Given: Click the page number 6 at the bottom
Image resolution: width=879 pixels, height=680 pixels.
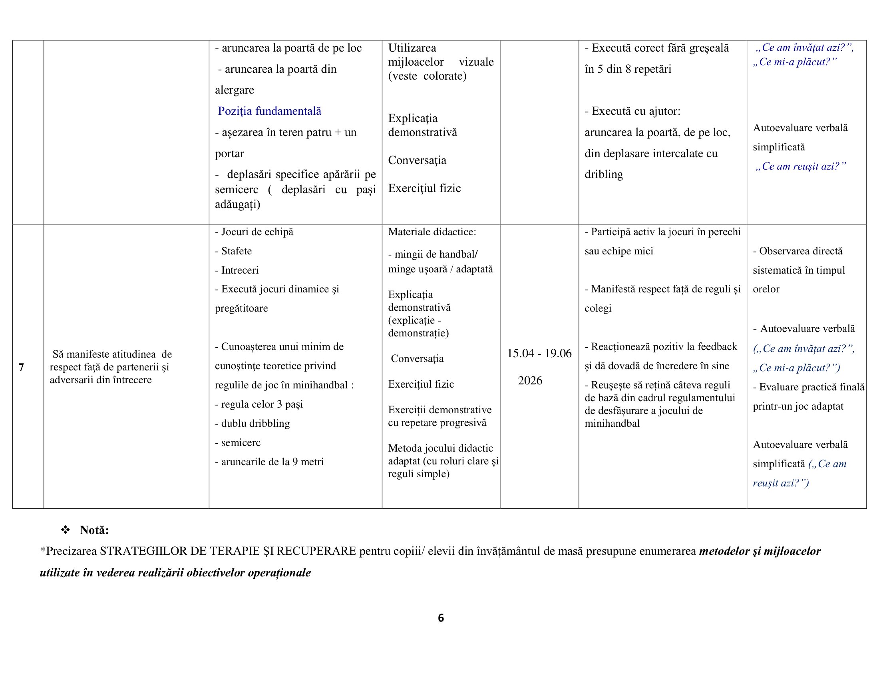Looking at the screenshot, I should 441,618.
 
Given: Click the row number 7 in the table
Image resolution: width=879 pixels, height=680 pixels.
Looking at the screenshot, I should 21,367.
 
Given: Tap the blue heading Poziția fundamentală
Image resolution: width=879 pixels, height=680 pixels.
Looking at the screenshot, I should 269,111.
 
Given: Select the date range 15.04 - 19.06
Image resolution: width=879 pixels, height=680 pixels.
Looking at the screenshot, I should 539,353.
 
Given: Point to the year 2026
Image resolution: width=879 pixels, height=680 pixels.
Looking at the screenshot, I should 530,380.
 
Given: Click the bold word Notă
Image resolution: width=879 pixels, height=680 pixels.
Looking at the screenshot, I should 94,530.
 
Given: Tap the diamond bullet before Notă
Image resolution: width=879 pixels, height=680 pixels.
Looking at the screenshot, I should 65,530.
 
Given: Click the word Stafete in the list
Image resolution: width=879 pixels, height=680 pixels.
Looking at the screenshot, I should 236,251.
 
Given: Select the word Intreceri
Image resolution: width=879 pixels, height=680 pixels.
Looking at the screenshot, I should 239,270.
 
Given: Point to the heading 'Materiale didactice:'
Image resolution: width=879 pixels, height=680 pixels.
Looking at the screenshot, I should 432,232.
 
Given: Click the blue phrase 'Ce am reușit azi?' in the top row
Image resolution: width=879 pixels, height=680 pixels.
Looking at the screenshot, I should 800,166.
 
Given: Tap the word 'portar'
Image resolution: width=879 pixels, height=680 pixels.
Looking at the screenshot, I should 229,154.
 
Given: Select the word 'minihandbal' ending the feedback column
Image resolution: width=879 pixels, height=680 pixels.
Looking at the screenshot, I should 612,423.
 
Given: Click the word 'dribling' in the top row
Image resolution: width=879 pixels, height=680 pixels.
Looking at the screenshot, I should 604,174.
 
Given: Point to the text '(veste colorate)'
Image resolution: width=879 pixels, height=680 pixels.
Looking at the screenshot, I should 427,76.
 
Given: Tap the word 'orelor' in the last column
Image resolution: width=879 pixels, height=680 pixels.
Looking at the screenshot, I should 766,289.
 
